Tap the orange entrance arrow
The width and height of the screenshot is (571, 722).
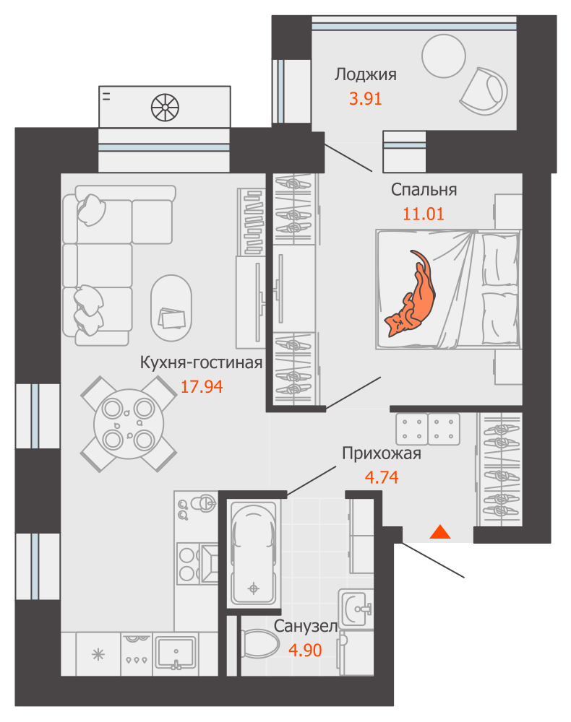pyautogui.click(x=440, y=533)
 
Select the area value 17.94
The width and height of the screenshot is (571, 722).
pyautogui.click(x=201, y=386)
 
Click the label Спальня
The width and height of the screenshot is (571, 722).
pyautogui.click(x=424, y=190)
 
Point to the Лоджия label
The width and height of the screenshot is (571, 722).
pyautogui.click(x=365, y=74)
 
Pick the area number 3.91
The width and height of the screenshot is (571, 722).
pyautogui.click(x=365, y=99)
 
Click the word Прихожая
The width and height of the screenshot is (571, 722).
pyautogui.click(x=381, y=454)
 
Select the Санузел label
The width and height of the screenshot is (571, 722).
pyautogui.click(x=305, y=627)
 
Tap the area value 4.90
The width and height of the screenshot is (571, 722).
pyautogui.click(x=305, y=650)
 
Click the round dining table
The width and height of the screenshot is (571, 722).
pyautogui.click(x=127, y=424)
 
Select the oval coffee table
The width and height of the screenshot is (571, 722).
pyautogui.click(x=171, y=307)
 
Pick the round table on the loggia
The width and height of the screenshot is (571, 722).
pyautogui.click(x=443, y=56)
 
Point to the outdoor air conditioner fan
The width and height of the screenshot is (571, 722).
pyautogui.click(x=164, y=108)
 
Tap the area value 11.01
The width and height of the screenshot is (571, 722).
pyautogui.click(x=422, y=214)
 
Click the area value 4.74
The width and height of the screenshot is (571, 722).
pyautogui.click(x=380, y=477)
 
